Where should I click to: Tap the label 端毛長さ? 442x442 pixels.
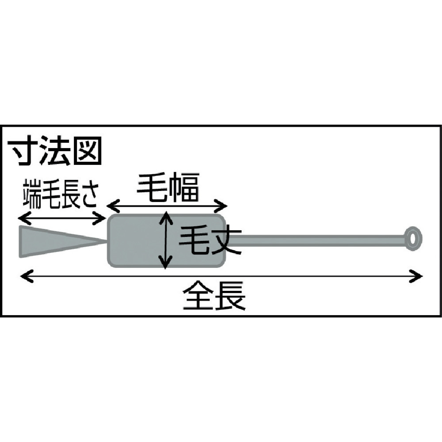click(x=61, y=194)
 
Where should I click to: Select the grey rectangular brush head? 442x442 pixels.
click(x=166, y=240)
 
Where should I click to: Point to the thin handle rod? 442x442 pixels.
click(x=316, y=239)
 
